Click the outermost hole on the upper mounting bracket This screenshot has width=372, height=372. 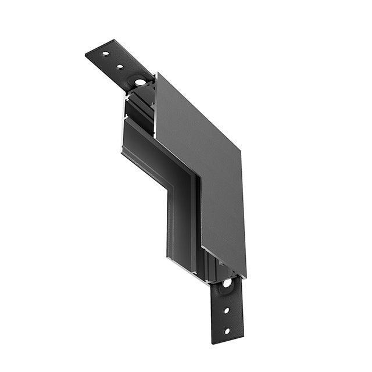[x=106, y=54]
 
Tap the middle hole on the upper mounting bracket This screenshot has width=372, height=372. [x=120, y=66]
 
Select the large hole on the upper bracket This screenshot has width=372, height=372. [x=139, y=82]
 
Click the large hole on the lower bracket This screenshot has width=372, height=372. [x=226, y=283]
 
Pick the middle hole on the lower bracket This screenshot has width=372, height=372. [x=227, y=310]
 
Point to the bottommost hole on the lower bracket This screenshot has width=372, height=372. [x=227, y=331]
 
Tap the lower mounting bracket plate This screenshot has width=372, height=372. [x=227, y=314]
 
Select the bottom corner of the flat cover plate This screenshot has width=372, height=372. [x=245, y=276]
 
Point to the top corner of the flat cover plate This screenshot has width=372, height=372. [x=156, y=74]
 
